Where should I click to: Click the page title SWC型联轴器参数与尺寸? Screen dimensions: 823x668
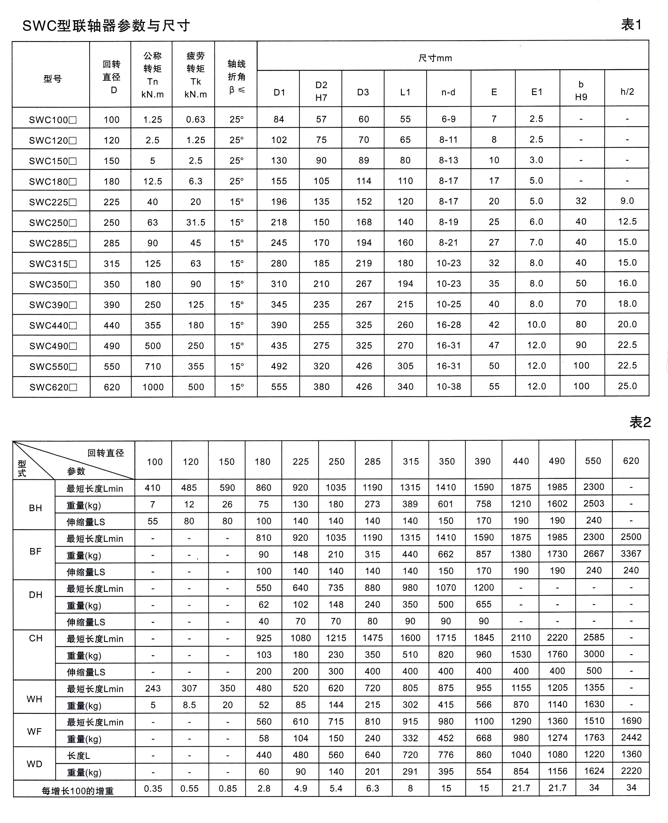point(106,26)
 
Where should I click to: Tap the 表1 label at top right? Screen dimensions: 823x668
point(631,25)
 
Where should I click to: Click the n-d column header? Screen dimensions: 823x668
point(448,92)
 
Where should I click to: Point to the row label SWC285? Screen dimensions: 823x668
point(53,243)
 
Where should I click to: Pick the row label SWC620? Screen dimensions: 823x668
point(53,387)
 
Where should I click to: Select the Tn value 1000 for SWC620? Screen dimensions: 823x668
point(153,387)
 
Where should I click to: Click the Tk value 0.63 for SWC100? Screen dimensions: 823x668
point(195,120)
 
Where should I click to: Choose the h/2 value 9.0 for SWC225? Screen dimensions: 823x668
point(627,201)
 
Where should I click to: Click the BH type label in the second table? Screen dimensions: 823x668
point(35,508)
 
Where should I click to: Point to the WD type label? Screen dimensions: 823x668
point(35,764)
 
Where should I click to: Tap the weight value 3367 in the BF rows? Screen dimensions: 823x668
point(631,554)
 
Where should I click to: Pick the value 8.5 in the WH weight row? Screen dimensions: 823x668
point(189,705)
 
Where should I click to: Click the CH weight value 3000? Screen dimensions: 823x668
point(594,654)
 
